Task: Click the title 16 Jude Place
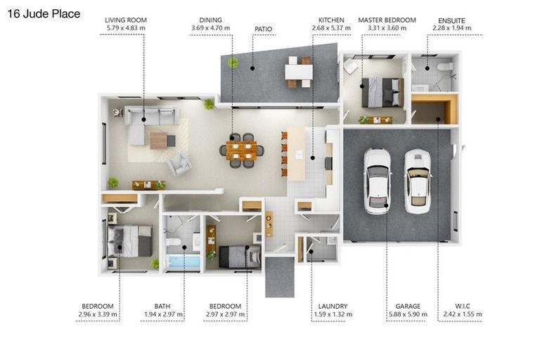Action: pyautogui.click(x=44, y=13)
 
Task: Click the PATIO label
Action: pyautogui.click(x=264, y=29)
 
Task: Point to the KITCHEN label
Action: pyautogui.click(x=330, y=20)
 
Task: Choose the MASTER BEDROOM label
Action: pyautogui.click(x=387, y=20)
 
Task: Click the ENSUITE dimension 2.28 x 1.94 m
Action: pyautogui.click(x=451, y=28)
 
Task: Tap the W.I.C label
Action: pyautogui.click(x=463, y=306)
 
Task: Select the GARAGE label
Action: pyautogui.click(x=408, y=306)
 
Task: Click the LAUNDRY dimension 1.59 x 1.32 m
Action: pyautogui.click(x=333, y=314)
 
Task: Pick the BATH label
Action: pyautogui.click(x=162, y=306)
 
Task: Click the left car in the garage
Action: pyautogui.click(x=377, y=181)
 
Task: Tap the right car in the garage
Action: pyautogui.click(x=417, y=181)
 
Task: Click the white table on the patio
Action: pyautogui.click(x=298, y=72)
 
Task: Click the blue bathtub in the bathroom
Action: pyautogui.click(x=183, y=262)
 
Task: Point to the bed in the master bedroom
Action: pyautogui.click(x=380, y=92)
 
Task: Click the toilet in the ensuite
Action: pyautogui.click(x=444, y=67)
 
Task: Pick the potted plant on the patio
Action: pyautogui.click(x=233, y=63)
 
